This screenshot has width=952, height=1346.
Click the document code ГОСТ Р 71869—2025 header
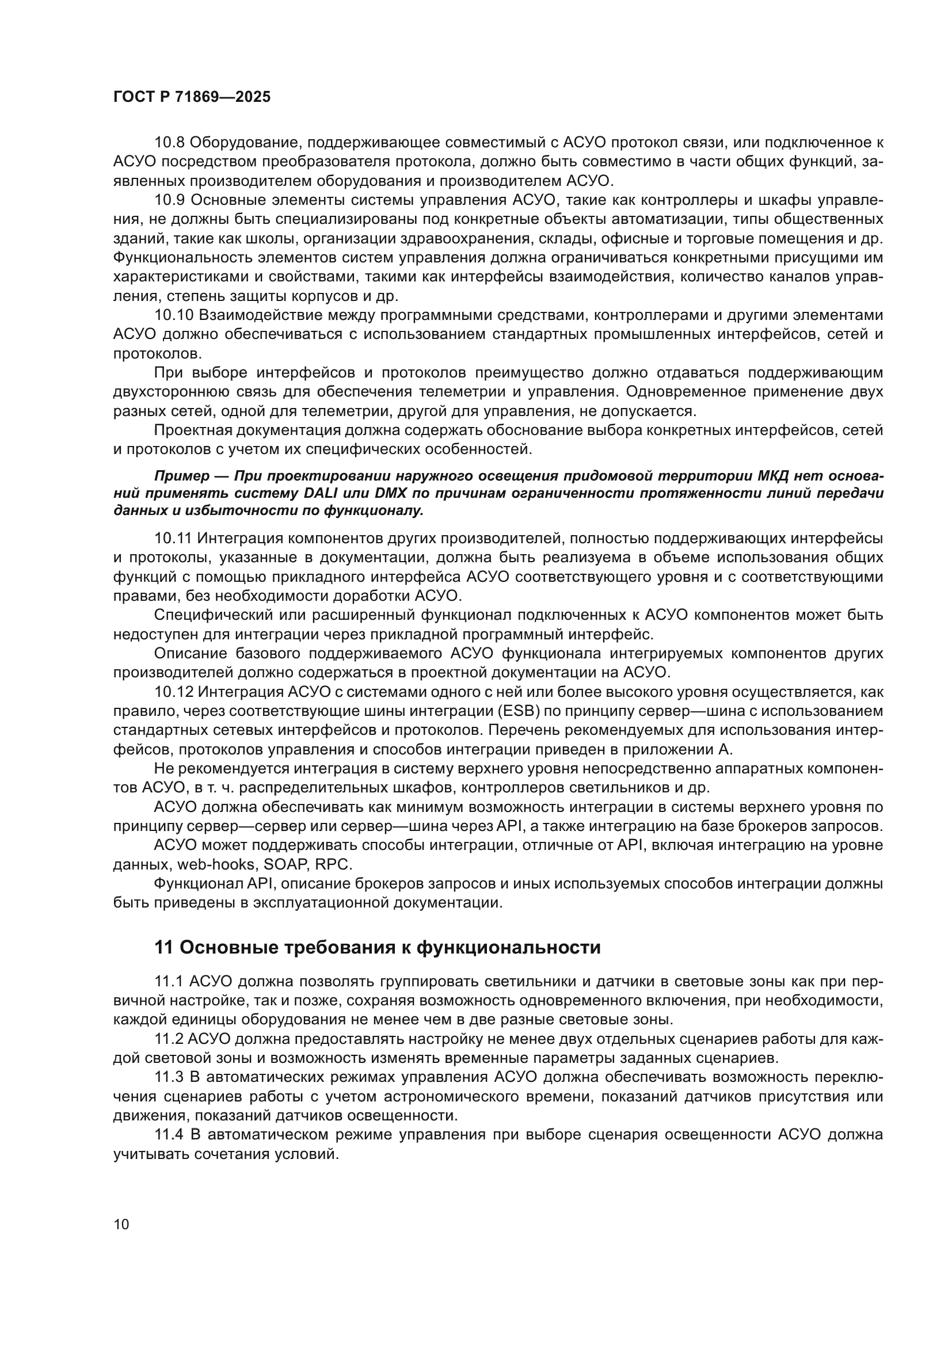192,97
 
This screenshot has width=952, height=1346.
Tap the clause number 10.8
169,143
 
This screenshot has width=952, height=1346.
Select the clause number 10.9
169,200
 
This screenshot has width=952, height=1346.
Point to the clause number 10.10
173,315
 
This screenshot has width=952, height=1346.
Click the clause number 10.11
173,538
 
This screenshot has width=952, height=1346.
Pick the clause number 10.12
173,692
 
